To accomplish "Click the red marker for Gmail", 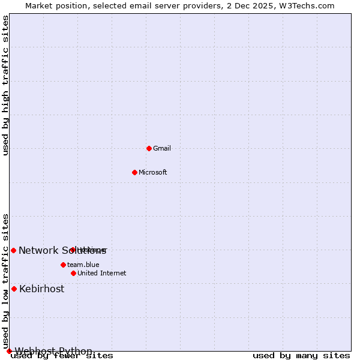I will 149,148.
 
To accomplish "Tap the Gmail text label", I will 162,149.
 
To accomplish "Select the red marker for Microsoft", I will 134,172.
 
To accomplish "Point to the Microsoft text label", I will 152,173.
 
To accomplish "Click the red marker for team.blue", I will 63,265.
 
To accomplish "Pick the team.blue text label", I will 83,265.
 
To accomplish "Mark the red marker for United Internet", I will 73,273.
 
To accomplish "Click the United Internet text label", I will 101,274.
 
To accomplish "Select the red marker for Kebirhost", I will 14,289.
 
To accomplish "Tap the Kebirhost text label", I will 41,289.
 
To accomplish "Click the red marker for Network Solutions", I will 13,250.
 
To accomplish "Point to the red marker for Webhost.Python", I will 9,351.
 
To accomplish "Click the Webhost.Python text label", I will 53,352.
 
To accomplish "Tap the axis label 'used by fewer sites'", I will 62,356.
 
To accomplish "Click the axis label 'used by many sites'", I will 301,356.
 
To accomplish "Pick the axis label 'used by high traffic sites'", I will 5,85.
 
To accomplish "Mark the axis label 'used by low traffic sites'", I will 5,281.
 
